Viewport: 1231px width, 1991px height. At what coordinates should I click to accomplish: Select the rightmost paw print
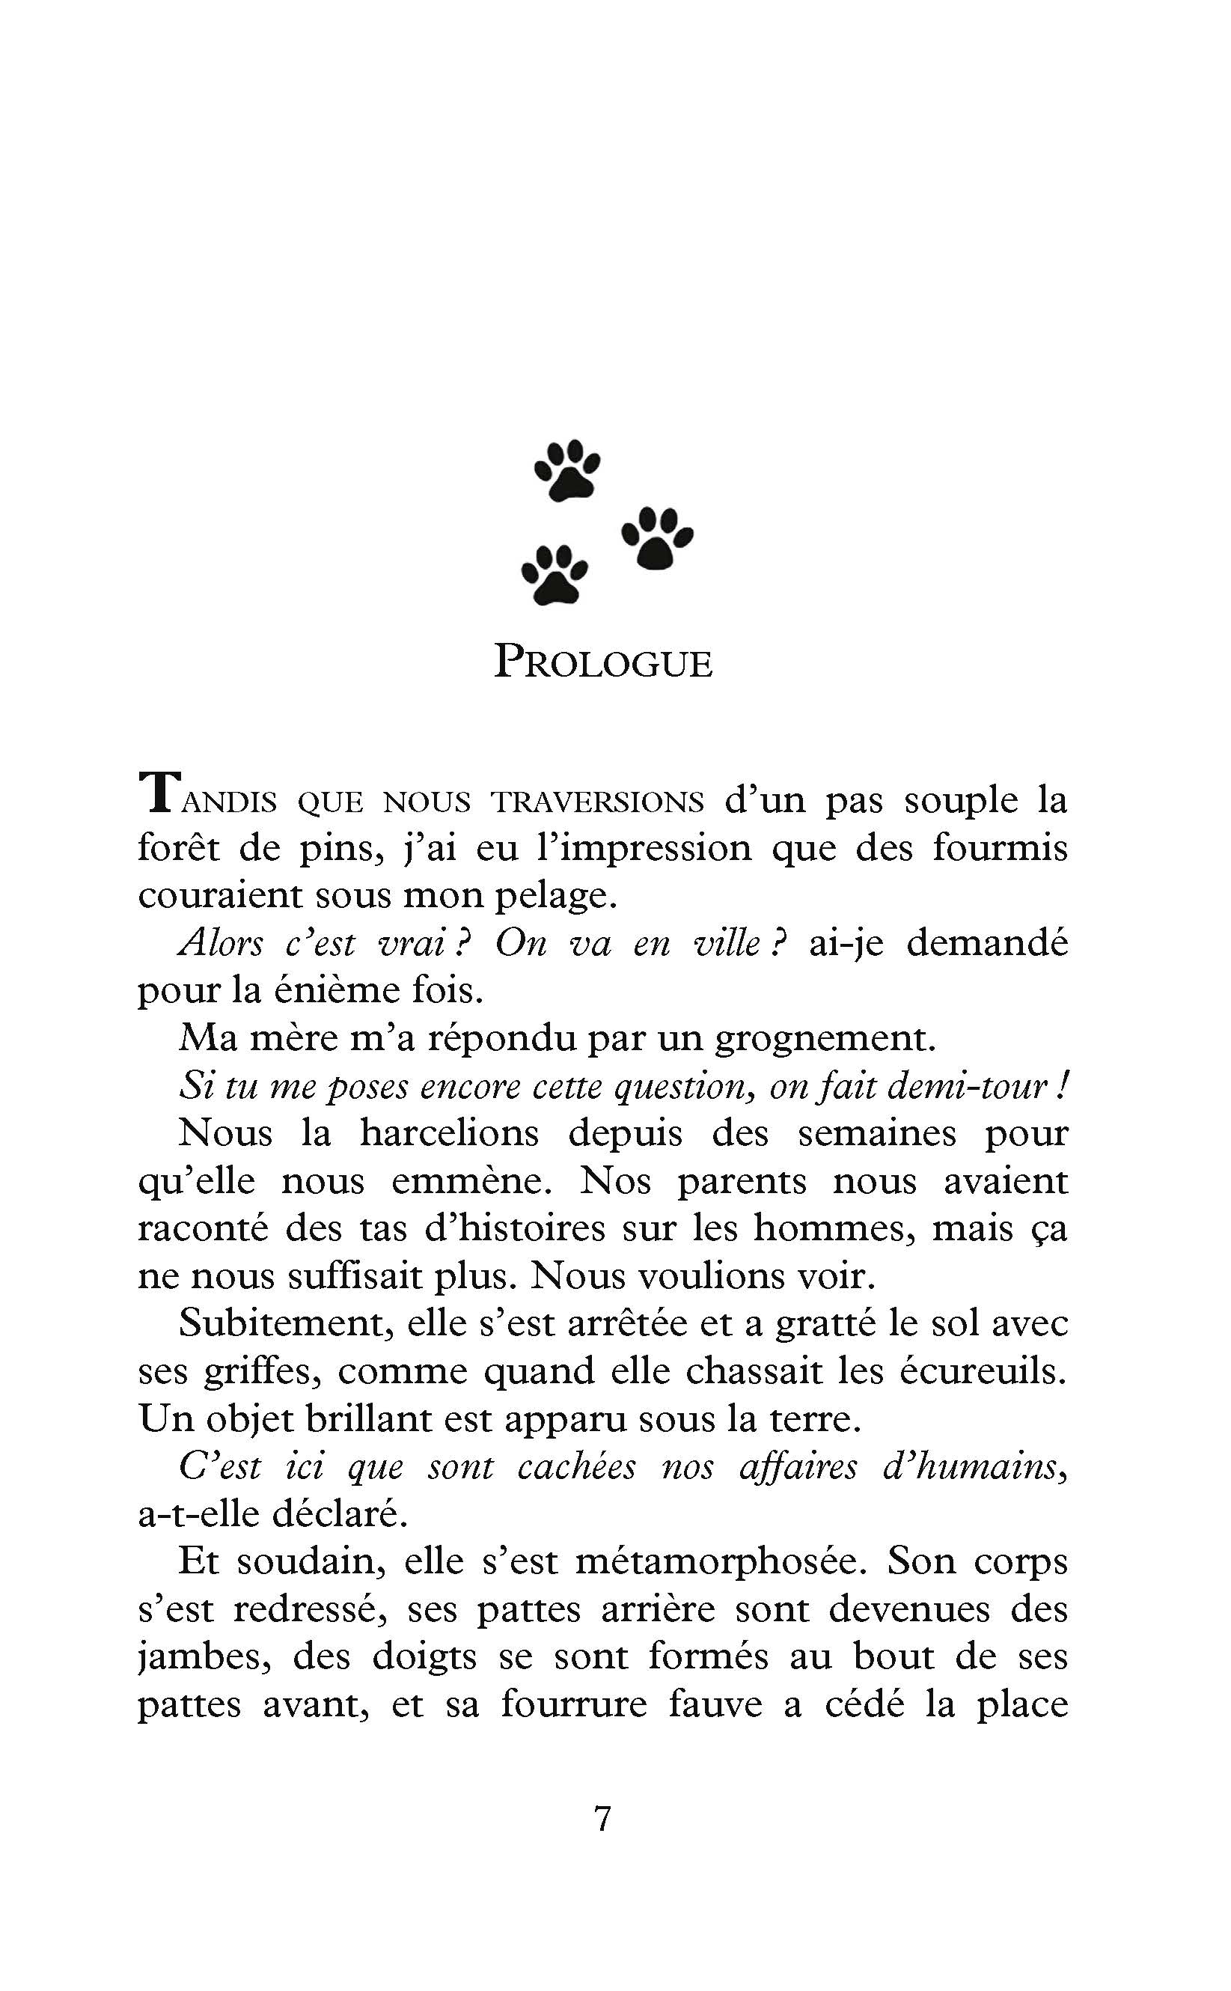(x=657, y=537)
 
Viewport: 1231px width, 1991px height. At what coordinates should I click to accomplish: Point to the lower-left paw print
(x=555, y=574)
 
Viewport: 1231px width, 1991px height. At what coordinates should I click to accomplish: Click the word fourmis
(x=1000, y=848)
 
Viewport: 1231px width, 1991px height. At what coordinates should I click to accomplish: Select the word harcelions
(x=450, y=1133)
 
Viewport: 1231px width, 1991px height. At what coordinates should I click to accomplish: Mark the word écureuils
(x=983, y=1371)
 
